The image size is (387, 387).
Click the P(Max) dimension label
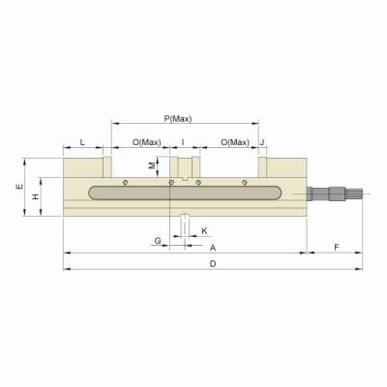point(179,118)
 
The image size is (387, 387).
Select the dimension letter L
point(81,142)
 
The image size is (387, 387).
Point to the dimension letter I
point(183,142)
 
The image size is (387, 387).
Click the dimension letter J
point(263,142)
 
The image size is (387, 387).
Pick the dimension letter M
point(151,165)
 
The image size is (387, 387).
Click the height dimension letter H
point(36,196)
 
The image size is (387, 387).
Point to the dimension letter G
point(158,238)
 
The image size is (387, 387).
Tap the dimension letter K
point(204,231)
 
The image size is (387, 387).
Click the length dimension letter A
point(212,248)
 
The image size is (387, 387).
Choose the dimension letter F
point(335,248)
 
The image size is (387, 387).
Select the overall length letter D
point(212,263)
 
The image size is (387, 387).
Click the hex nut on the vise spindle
point(337,193)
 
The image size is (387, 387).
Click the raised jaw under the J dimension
point(262,166)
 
